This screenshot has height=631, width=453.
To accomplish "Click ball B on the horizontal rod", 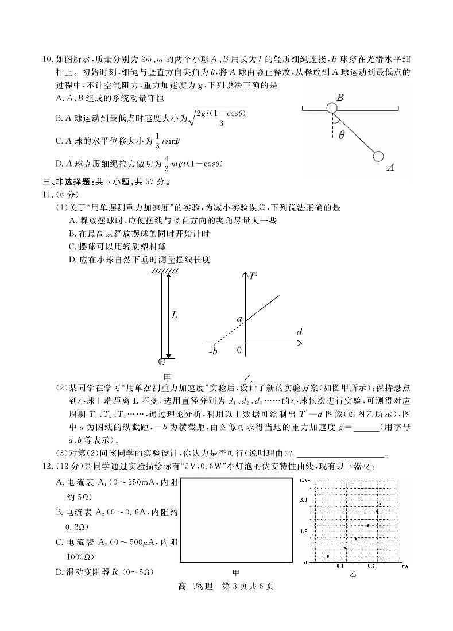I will point(331,108).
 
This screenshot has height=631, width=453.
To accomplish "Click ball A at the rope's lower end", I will point(378,156).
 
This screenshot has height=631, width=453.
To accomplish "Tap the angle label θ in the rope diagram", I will point(342,135).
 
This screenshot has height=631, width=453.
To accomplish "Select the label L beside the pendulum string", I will point(175,315).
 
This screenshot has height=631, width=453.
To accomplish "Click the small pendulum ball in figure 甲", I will point(162,361).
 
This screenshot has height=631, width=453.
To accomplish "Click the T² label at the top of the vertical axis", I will point(253,276).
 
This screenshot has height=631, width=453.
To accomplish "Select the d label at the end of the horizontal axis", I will point(299,332).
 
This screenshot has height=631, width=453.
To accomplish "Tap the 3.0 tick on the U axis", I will point(304,500).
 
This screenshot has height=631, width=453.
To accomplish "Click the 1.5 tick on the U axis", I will point(304,531).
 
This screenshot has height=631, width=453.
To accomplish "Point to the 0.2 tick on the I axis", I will point(371,566).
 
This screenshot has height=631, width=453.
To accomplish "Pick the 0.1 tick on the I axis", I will point(340,566).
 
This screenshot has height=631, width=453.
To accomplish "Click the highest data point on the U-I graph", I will point(380,504).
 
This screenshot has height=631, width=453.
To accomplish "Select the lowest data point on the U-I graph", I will point(328,556).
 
